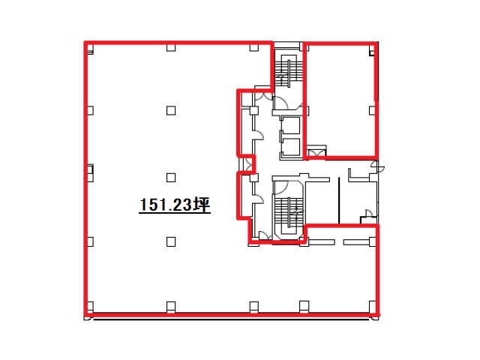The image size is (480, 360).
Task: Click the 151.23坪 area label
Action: tap(175, 205)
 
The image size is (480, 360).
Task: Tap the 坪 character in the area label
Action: tap(202, 205)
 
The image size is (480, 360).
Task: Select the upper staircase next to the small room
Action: tap(288, 71)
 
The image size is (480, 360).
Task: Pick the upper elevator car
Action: tap(291, 125)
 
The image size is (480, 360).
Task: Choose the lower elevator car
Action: tap(291, 147)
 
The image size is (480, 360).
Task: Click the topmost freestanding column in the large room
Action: tap(171, 110)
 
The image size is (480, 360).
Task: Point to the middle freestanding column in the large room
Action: tap(171, 178)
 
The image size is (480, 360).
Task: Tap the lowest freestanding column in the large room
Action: tap(171, 241)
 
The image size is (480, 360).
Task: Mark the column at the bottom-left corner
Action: tap(89, 306)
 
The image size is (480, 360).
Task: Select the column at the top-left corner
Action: tap(90, 49)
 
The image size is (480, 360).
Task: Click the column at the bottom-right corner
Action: tap(372, 306)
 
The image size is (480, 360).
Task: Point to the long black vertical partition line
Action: tap(339, 200)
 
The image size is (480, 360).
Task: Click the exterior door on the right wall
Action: tap(377, 166)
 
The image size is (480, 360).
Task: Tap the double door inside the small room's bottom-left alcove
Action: tap(316, 152)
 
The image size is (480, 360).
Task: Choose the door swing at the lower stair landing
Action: tap(280, 187)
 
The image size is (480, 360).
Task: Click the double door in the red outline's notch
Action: tap(247, 165)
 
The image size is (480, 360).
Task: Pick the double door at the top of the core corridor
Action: tap(263, 95)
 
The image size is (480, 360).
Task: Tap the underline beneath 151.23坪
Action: tap(175, 212)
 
